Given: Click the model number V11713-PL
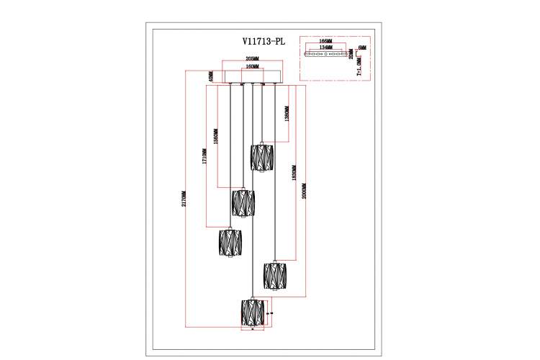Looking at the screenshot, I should click(264, 42).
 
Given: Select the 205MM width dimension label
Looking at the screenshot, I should click(252, 59).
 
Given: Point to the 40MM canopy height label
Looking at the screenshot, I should click(212, 76).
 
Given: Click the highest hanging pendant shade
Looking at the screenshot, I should click(262, 157).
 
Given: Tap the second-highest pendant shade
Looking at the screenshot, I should click(243, 203).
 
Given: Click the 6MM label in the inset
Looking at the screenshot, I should click(362, 48).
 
